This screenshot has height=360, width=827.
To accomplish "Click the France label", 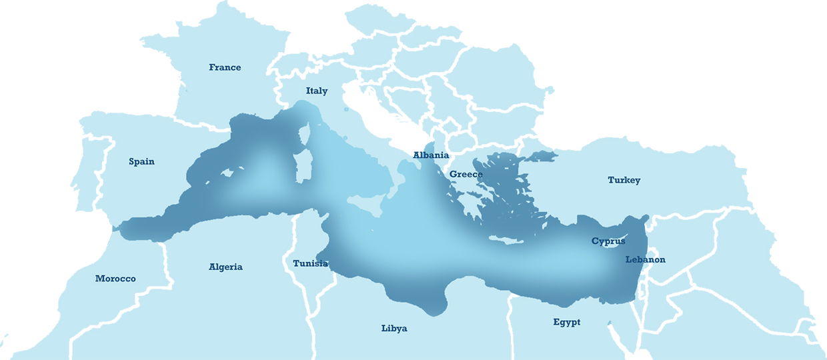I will (225, 67).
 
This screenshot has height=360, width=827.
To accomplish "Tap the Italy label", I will (317, 91).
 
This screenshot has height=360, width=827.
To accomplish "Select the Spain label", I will (141, 161).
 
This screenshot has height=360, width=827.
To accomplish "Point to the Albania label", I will (431, 155).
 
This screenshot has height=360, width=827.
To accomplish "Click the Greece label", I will (466, 175).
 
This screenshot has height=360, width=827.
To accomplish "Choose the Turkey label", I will (624, 180).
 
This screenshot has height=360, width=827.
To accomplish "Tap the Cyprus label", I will (608, 241).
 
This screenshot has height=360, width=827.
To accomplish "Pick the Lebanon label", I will (645, 259).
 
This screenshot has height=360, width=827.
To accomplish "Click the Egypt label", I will (566, 322).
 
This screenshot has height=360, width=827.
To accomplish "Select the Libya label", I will (394, 328).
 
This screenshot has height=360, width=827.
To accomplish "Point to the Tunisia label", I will (310, 263).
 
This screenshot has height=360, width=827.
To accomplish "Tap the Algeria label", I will (225, 267).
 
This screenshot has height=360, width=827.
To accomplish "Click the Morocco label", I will (115, 279).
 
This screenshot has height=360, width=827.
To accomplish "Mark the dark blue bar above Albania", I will (414, 147).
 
